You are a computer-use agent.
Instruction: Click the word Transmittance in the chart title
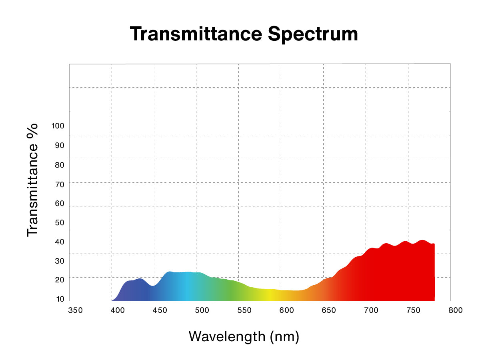pos(196,34)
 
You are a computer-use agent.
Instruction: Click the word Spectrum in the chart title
pos(313,34)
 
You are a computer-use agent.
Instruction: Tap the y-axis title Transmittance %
pos(32,180)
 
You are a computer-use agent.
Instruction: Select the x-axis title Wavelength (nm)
pos(244,336)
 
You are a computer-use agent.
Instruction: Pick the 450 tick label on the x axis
pos(160,310)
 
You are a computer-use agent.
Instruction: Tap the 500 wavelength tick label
pos(202,310)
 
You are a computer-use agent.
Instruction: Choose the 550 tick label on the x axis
pos(244,310)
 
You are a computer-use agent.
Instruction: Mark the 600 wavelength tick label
pos(287,310)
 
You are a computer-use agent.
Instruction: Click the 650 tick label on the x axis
pos(329,310)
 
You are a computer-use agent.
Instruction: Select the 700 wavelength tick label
pos(371,310)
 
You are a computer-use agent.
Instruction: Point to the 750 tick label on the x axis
pos(414,310)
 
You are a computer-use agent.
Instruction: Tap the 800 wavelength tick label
pos(456,310)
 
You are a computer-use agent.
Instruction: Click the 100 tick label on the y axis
pos(58,126)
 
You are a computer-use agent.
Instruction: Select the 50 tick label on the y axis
pos(60,222)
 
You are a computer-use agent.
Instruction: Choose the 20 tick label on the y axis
pos(60,280)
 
